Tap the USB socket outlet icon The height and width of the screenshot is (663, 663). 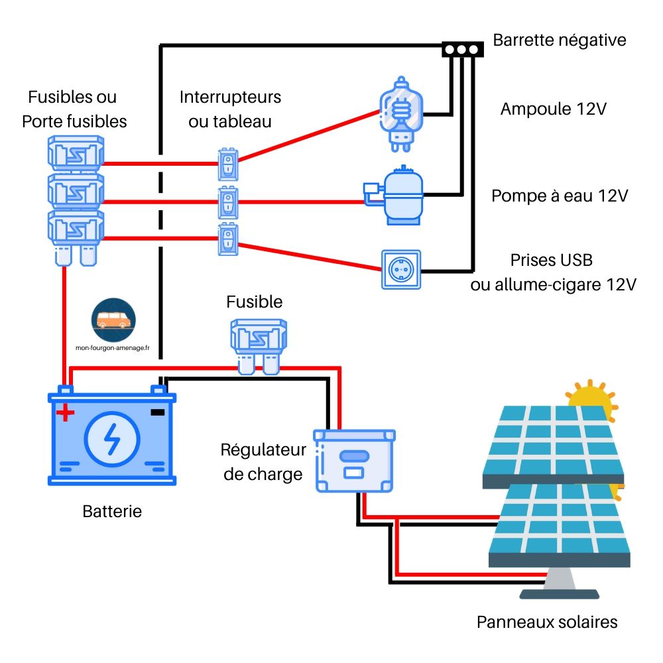coord(400,269)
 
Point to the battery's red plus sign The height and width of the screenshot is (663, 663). coord(65,414)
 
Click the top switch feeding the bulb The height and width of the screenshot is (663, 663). coord(227,164)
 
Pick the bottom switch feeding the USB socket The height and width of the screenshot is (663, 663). coord(227,239)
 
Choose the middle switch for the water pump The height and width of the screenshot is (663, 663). coord(227,202)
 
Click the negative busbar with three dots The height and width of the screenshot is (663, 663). coord(461,50)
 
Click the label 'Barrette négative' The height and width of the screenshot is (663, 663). coord(559,40)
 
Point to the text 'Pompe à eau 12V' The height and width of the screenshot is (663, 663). coord(559,196)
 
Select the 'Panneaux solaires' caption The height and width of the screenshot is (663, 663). coord(547,622)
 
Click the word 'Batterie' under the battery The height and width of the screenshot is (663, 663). coord(112,511)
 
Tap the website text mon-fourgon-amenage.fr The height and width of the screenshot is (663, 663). coord(113,346)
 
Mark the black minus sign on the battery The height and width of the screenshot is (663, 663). coord(157,412)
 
